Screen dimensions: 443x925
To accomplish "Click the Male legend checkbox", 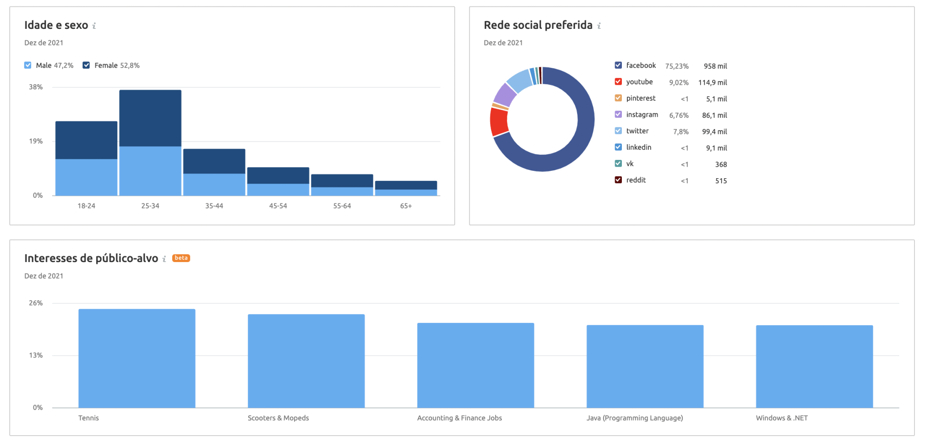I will point(28,66).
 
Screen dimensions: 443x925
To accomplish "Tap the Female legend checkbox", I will point(86,66).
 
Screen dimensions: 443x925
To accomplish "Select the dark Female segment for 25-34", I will point(150,118).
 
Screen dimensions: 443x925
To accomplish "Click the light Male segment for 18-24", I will point(86,177).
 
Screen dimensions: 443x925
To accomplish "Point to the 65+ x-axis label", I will point(406,206).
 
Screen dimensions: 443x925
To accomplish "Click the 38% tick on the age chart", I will point(36,87).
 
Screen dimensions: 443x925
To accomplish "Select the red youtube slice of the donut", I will point(499,122).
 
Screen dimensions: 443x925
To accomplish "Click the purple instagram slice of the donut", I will point(505,94).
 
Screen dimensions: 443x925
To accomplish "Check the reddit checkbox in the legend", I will point(618,180).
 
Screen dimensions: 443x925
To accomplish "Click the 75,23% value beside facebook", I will point(677,66).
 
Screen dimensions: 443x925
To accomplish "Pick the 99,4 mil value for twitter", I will point(714,132).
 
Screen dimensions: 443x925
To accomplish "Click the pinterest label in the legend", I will point(641,98).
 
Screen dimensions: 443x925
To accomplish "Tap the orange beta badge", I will point(181,258).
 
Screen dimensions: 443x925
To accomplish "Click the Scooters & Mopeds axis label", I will point(278,418).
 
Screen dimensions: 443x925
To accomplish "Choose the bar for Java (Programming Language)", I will point(645,366).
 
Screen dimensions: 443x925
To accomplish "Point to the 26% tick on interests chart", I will point(36,303).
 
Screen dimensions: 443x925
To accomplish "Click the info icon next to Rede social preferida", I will point(599,26).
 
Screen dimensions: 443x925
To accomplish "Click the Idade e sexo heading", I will point(56,25).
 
